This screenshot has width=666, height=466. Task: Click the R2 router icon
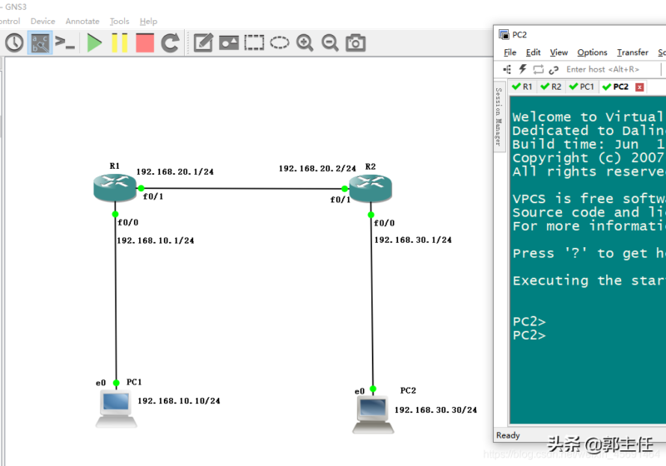pyautogui.click(x=370, y=188)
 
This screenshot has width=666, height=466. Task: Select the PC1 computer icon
pyautogui.click(x=115, y=407)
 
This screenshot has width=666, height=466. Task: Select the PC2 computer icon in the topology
pyautogui.click(x=372, y=414)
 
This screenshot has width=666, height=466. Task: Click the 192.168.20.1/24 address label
pyautogui.click(x=175, y=171)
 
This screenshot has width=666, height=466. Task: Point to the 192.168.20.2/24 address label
pyautogui.click(x=317, y=168)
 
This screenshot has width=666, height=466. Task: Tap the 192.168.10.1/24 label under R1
pyautogui.click(x=155, y=240)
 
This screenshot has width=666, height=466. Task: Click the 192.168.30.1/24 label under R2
pyautogui.click(x=412, y=240)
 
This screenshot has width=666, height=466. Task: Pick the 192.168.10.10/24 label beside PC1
pyautogui.click(x=178, y=401)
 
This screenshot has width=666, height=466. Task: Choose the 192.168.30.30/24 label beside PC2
pyautogui.click(x=435, y=409)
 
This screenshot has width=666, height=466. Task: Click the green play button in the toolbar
pyautogui.click(x=94, y=42)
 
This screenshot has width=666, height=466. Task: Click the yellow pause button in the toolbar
pyautogui.click(x=119, y=42)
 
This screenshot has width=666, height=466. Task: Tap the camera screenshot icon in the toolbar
pyautogui.click(x=355, y=42)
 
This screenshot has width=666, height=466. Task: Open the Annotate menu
pyautogui.click(x=82, y=21)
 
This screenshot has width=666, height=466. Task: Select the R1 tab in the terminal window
pyautogui.click(x=523, y=87)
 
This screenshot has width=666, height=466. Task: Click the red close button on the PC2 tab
pyautogui.click(x=639, y=87)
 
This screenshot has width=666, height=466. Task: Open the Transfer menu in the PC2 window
pyautogui.click(x=633, y=52)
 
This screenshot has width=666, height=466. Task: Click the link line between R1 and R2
pyautogui.click(x=241, y=189)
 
